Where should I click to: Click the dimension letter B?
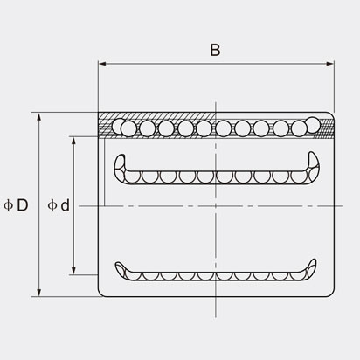(215, 50)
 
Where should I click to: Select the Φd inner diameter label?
(59, 205)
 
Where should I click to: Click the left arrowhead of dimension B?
(101, 65)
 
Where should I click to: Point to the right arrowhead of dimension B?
(331, 65)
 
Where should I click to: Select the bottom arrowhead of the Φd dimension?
(73, 270)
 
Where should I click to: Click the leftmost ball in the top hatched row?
(128, 128)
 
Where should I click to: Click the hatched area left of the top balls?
(108, 126)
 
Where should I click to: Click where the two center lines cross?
(215, 205)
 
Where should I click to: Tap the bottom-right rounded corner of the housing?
(331, 294)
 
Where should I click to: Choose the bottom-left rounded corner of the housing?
(100, 294)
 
